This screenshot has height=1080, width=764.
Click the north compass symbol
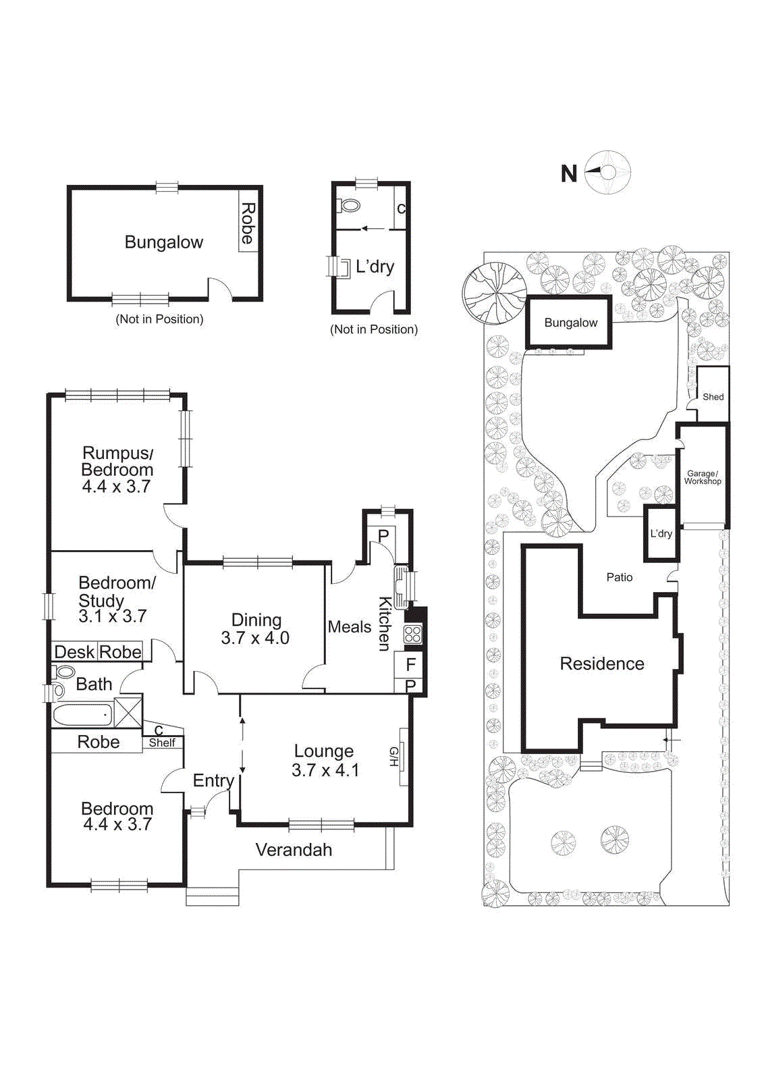coord(607,173)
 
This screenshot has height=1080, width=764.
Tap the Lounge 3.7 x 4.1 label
coord(325,761)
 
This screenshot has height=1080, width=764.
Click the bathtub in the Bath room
coord(82,714)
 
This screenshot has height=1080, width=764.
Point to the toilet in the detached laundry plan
coord(351,205)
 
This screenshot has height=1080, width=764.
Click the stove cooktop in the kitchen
coord(412,634)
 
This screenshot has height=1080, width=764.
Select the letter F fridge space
coord(410,664)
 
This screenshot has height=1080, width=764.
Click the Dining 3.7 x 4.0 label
coord(256,629)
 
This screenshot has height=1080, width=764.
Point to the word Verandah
coord(294,850)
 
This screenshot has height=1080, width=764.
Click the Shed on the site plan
coord(713,396)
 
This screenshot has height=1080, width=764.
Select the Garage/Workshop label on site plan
coord(703,477)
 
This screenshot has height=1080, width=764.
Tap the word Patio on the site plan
coord(619,577)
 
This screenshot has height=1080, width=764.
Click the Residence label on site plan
coord(601,664)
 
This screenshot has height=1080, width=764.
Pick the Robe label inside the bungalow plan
coord(248,223)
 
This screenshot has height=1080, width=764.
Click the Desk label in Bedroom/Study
coord(74,652)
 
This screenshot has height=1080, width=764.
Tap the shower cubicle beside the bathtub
coord(128,712)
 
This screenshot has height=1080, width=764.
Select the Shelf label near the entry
coord(162,742)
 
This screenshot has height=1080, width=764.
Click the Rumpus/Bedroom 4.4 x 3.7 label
coord(117,469)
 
